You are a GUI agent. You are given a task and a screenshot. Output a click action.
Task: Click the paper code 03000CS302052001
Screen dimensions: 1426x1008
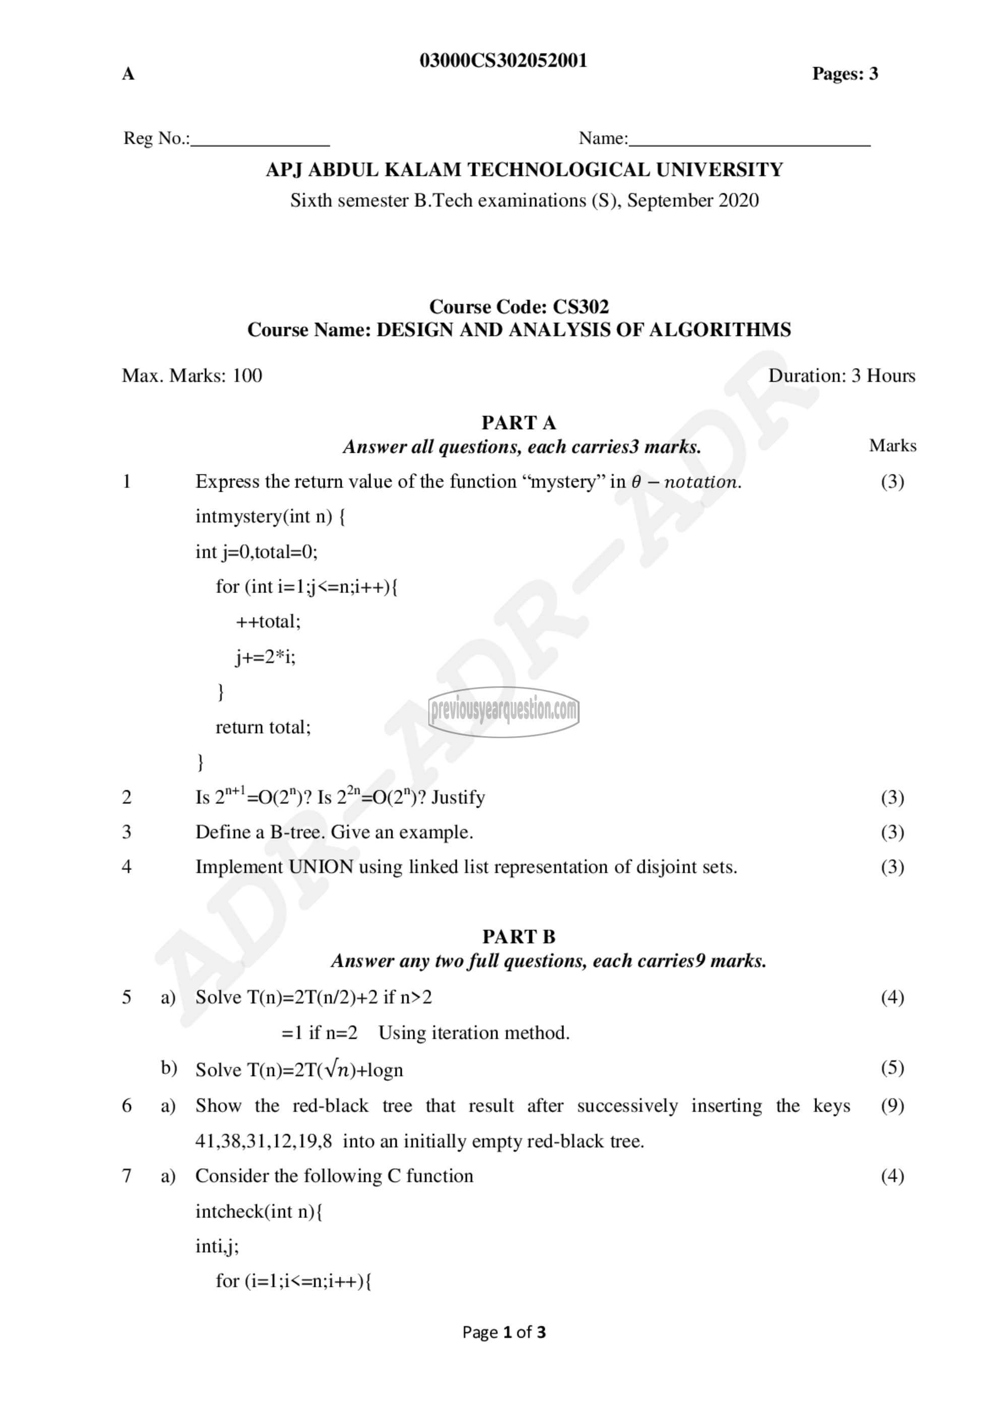tap(503, 61)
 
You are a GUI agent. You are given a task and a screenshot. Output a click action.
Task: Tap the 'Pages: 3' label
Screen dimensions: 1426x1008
tap(845, 74)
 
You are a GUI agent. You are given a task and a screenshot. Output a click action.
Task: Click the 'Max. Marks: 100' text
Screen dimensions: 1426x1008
tap(192, 376)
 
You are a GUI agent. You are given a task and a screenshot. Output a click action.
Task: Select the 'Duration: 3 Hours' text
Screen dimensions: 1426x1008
tap(841, 376)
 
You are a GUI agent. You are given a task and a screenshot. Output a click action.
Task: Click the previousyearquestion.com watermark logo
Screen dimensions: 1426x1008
tap(503, 711)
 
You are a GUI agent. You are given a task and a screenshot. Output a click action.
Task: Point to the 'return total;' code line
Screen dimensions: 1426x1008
tap(263, 727)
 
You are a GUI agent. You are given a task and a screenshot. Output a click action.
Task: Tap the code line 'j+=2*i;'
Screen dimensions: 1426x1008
tap(266, 657)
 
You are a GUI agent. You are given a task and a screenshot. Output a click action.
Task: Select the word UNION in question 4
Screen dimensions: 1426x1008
tap(321, 867)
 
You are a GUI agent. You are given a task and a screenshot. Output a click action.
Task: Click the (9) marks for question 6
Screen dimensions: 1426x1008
tap(892, 1106)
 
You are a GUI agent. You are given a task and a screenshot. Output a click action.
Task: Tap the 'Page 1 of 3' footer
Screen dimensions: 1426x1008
tap(503, 1332)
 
